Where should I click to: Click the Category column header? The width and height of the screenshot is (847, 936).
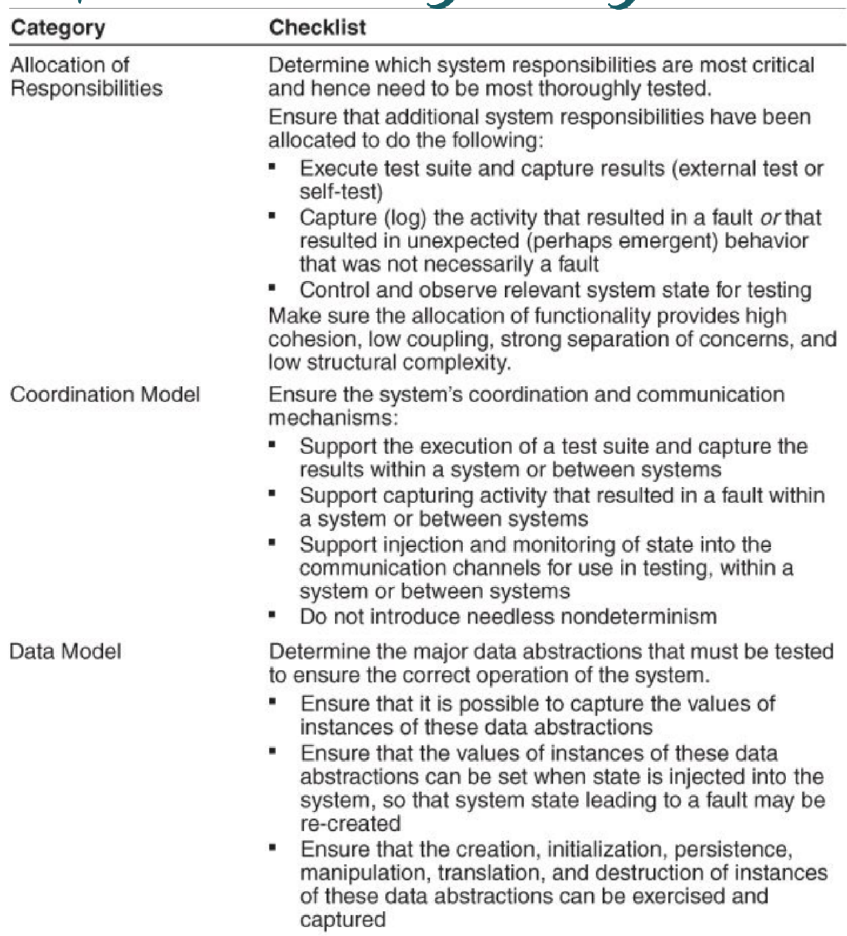click(x=58, y=28)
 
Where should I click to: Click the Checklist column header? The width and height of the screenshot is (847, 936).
click(x=317, y=28)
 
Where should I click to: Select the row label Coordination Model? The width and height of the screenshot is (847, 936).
click(x=105, y=394)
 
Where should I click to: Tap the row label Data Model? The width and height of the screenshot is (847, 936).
click(x=65, y=651)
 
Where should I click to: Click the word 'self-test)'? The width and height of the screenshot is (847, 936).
click(x=341, y=192)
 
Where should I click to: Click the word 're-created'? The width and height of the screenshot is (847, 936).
click(x=350, y=824)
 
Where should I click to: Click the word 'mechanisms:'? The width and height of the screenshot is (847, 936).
click(x=333, y=418)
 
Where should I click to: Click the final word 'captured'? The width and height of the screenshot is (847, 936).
click(x=343, y=919)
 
